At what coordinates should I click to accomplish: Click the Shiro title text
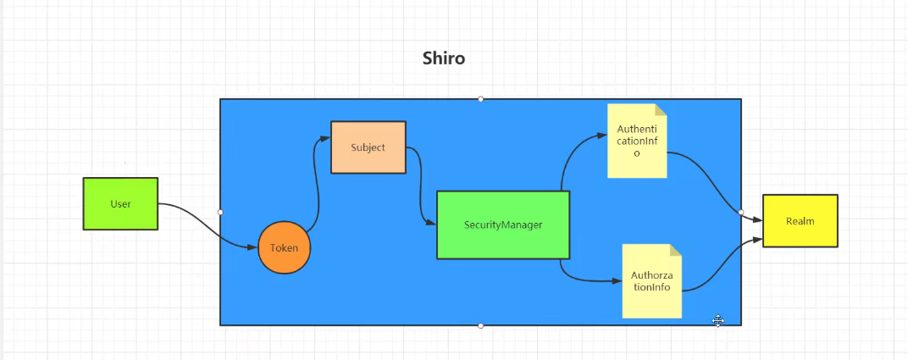(x=444, y=58)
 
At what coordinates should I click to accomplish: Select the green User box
(x=120, y=203)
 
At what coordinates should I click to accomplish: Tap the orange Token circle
(x=284, y=248)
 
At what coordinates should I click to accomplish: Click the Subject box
(x=368, y=147)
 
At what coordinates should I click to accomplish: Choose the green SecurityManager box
(x=502, y=224)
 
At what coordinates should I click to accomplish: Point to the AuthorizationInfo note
(x=651, y=281)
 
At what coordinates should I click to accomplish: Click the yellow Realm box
(x=800, y=221)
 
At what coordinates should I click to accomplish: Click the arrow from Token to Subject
(x=318, y=182)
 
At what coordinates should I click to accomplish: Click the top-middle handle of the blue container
(x=480, y=99)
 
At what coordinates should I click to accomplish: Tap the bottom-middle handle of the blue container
(x=480, y=325)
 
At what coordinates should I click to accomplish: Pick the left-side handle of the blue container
(x=220, y=212)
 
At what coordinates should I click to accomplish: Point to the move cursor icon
(x=717, y=320)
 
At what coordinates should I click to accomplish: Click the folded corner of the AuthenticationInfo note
(x=660, y=110)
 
